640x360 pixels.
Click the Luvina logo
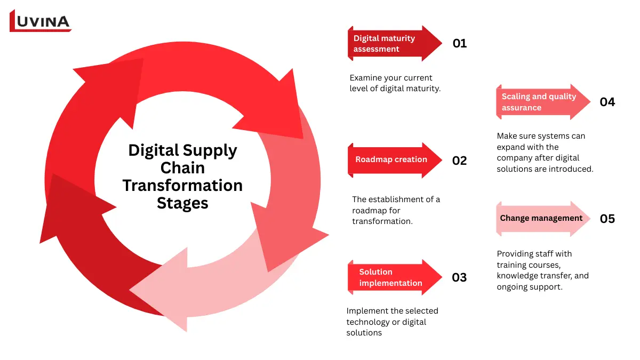pos(41,21)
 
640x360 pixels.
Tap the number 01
pos(459,44)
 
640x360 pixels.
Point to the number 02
pos(459,160)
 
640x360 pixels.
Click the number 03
pos(459,277)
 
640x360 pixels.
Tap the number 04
pos(607,102)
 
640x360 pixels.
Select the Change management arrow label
pos(541,218)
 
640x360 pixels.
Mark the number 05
pos(607,219)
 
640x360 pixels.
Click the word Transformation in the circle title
pos(182,186)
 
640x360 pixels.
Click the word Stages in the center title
pos(182,203)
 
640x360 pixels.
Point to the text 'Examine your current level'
pos(395,83)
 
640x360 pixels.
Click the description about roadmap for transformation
pos(396,210)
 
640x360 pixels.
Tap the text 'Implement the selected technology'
pos(392,322)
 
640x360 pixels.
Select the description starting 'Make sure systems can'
pos(545,153)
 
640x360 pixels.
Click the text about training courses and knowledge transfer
pos(542,270)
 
